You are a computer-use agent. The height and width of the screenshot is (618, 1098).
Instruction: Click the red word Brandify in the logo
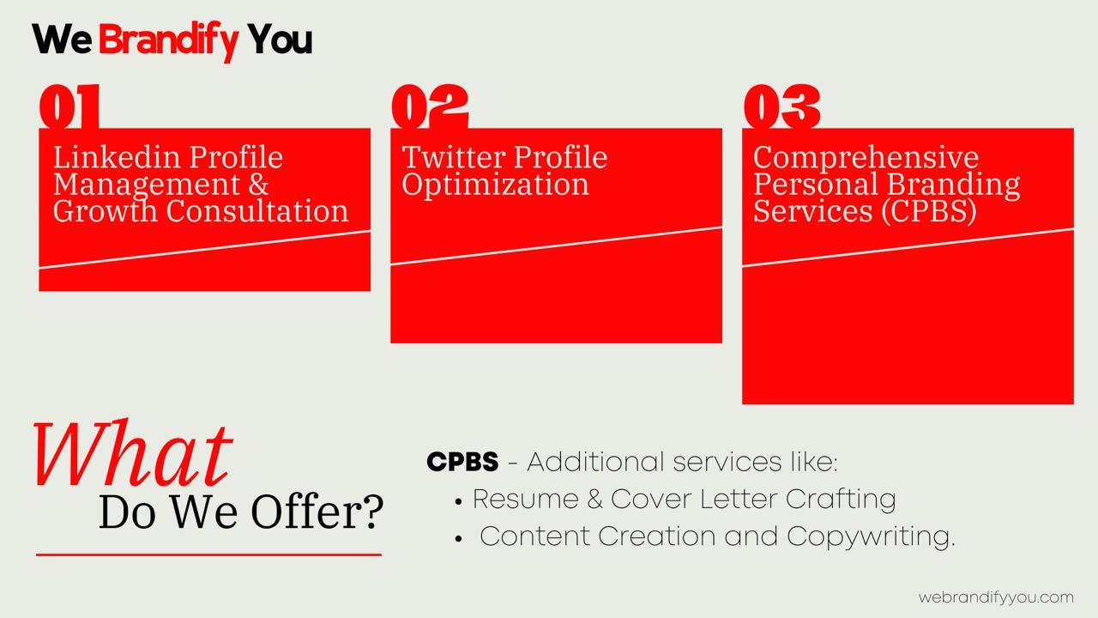click(168, 40)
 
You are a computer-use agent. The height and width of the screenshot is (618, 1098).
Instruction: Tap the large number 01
click(69, 106)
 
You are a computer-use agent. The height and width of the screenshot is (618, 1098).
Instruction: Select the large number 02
click(430, 106)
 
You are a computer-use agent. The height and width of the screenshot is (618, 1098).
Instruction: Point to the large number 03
click(781, 106)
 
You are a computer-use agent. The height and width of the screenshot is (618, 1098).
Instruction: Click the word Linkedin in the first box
click(117, 157)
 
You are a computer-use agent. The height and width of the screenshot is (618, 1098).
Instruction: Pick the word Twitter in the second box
click(454, 157)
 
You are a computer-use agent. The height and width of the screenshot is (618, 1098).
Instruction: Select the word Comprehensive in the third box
click(866, 159)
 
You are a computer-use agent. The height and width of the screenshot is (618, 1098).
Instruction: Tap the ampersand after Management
click(258, 185)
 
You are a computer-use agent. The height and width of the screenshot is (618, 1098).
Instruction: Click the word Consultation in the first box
click(256, 211)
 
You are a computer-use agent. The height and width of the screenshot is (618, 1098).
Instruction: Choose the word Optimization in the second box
click(495, 186)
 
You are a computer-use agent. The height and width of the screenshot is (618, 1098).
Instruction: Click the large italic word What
click(133, 454)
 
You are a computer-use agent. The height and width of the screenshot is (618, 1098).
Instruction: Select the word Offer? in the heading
click(317, 512)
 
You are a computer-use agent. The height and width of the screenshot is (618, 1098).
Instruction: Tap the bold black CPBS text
click(462, 462)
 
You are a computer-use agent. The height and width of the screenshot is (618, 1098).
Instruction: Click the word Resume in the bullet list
click(526, 500)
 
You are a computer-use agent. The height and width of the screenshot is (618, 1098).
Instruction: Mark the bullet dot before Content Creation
click(458, 539)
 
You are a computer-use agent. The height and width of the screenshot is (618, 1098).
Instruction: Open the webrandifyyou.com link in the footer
click(996, 598)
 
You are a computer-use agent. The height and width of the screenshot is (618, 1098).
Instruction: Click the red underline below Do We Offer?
click(208, 555)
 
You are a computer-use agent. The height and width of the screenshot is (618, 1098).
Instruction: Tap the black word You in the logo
click(280, 39)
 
